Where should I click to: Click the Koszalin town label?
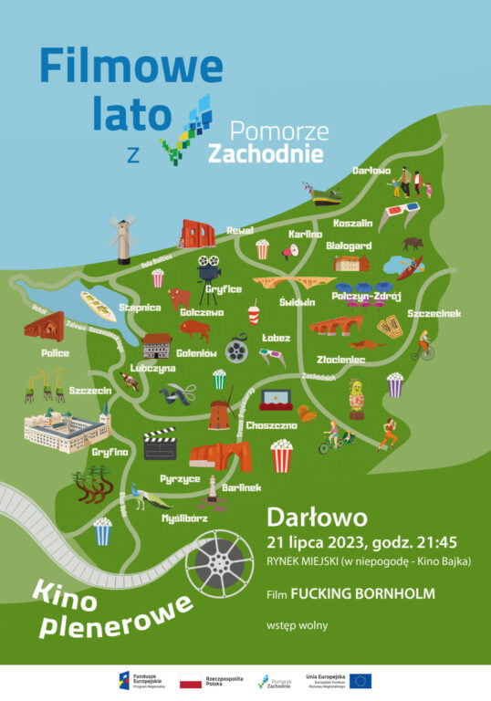click(x=352, y=223)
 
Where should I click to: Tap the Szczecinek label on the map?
click(x=434, y=313)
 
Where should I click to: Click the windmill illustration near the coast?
click(x=121, y=240)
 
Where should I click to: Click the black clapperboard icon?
click(x=160, y=444)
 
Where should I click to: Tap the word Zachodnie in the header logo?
click(x=266, y=154)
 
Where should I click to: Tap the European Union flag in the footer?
click(x=360, y=681)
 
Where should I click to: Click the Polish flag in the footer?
click(x=191, y=681)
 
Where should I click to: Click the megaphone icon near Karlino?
click(x=291, y=250)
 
